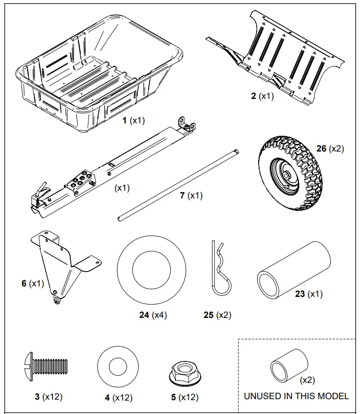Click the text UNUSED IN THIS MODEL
pos(296,396)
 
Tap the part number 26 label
pos(321,149)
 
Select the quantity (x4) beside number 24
pos(159,315)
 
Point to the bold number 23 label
pos(300,294)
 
